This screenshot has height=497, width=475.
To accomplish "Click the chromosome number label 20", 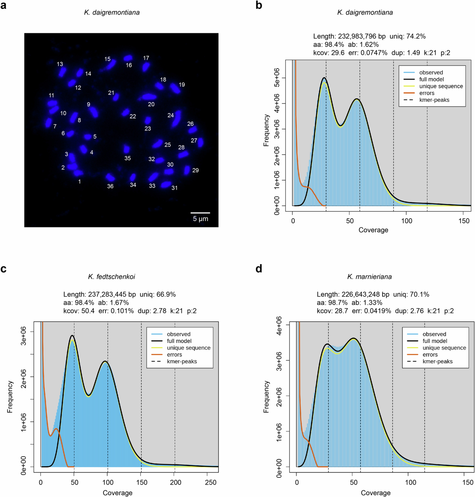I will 151,104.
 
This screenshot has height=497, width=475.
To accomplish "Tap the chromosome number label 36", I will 110,186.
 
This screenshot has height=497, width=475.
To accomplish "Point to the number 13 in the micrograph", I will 60,64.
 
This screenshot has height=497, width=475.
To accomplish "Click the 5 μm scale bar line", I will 200,213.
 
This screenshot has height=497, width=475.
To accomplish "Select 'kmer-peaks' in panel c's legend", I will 182,361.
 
